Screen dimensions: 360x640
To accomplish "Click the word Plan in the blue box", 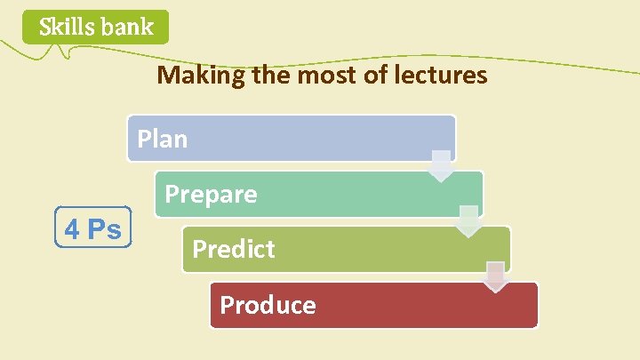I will [x=162, y=140].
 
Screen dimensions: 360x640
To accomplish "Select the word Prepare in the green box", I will [x=212, y=195].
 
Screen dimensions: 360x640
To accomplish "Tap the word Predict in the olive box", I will [x=234, y=250].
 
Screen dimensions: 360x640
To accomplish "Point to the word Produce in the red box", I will [x=268, y=306].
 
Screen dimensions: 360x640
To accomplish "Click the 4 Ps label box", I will [x=93, y=228].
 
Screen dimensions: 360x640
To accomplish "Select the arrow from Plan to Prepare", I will [x=442, y=166].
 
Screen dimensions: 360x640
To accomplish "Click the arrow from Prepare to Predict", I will [x=468, y=221].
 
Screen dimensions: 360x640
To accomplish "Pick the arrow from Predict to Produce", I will [x=496, y=276].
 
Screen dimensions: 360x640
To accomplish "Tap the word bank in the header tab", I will [x=127, y=28].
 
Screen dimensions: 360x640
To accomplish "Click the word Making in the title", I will [x=190, y=76].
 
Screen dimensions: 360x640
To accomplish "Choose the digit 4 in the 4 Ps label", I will [x=72, y=229].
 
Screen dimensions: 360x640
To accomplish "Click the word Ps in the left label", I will [x=105, y=229].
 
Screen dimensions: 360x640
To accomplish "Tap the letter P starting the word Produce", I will [x=227, y=306].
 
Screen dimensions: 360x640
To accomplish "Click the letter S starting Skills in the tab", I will [x=44, y=28].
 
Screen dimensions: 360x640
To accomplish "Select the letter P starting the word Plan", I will [x=143, y=140].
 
